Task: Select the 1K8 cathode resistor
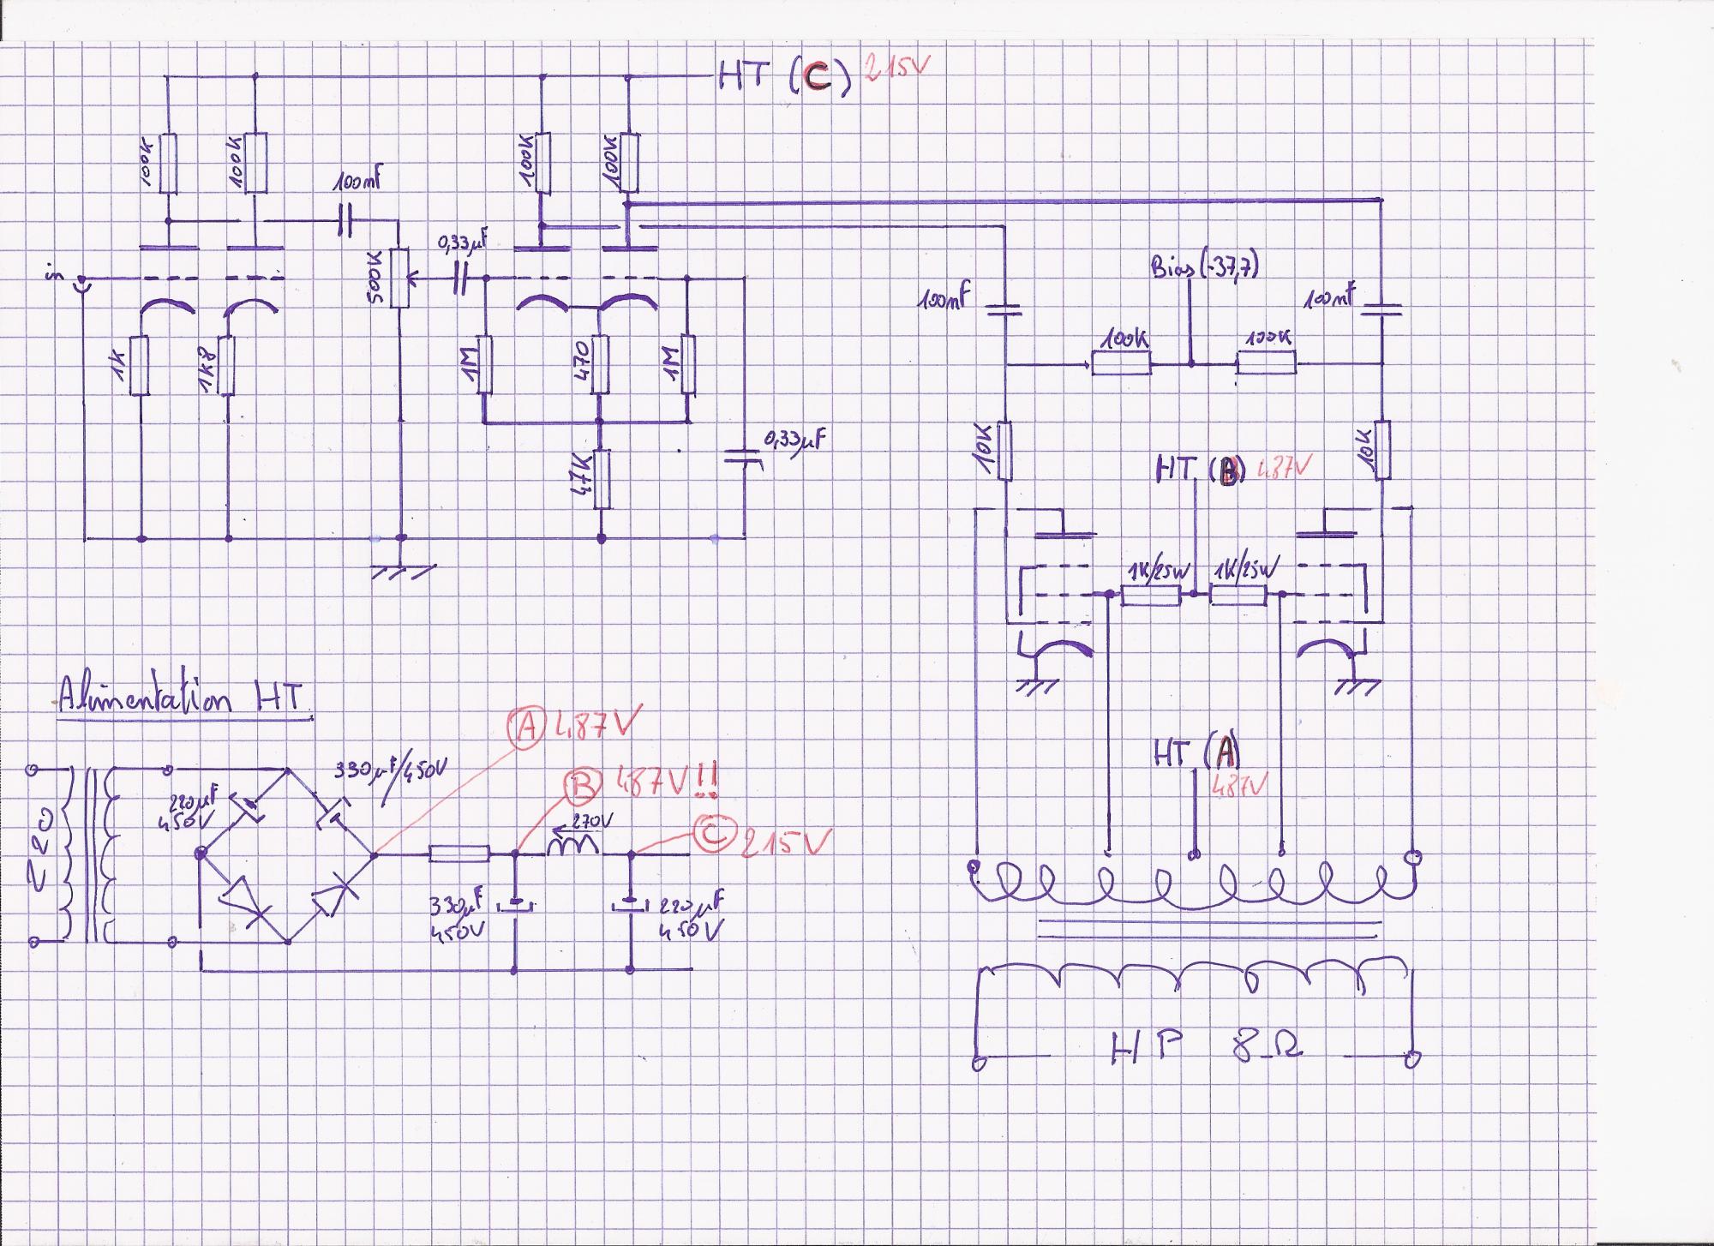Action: coord(226,366)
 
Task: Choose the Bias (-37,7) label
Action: coord(1203,267)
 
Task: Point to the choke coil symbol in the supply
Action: coord(573,848)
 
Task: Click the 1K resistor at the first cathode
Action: coord(141,366)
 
